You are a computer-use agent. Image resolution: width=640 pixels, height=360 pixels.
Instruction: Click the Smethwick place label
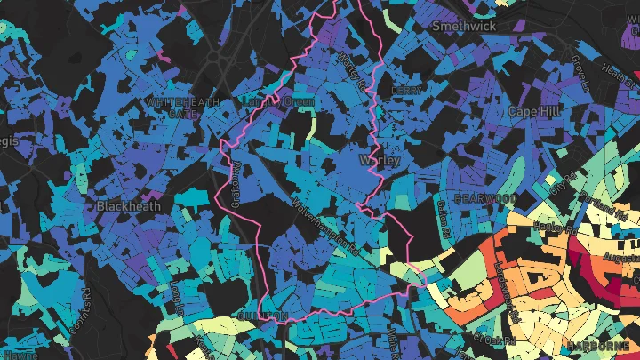coord(462,27)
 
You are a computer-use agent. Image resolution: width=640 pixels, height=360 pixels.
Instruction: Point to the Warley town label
coord(379,160)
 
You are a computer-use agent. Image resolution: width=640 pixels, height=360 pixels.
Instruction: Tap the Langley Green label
coord(279,103)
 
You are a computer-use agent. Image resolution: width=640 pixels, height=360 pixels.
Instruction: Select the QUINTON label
coord(263,316)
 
